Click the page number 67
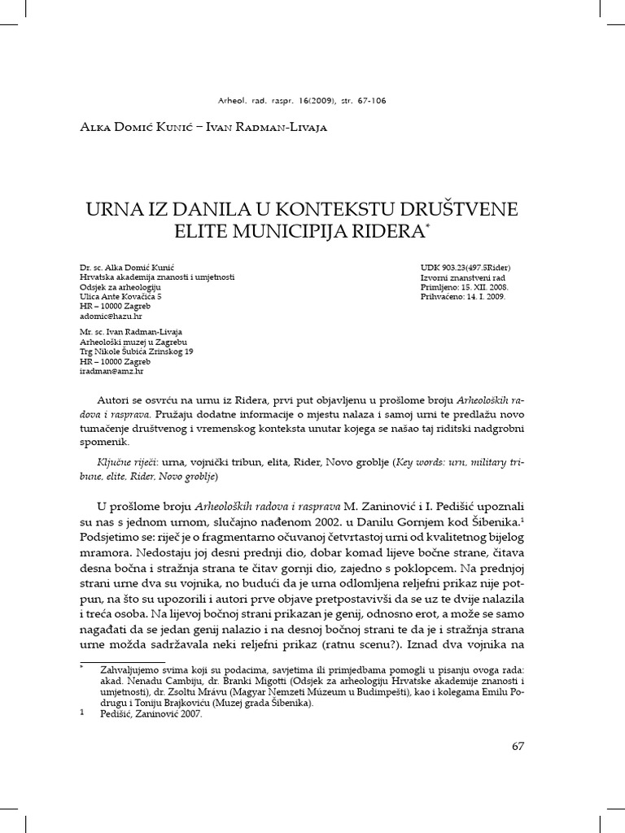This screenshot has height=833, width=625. (518, 748)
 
